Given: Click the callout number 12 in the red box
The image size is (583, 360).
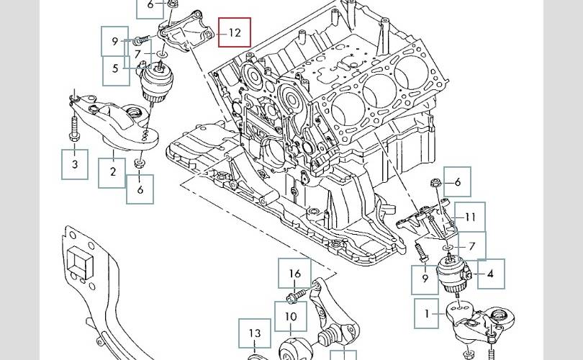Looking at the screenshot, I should (x=235, y=32).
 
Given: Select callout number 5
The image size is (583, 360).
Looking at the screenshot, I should (x=115, y=70).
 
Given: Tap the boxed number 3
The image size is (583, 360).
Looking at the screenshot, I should (x=74, y=164).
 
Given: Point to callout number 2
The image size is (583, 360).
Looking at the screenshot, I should (x=113, y=172).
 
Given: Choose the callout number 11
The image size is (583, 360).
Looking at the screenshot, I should (x=470, y=217).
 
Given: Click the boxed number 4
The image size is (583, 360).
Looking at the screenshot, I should (x=490, y=274).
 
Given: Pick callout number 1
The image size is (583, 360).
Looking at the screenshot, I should (x=427, y=314).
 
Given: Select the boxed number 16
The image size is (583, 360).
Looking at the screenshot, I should (x=295, y=274).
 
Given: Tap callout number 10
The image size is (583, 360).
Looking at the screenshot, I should (x=291, y=316).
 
